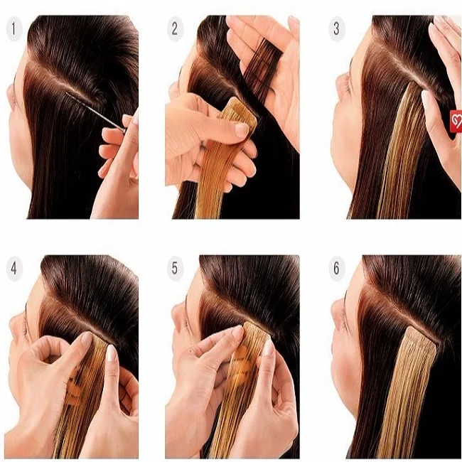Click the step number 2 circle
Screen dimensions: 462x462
(x=173, y=29)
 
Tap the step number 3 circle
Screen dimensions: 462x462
(x=337, y=29)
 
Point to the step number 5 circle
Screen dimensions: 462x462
(x=173, y=269)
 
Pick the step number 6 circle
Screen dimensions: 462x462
(x=337, y=269)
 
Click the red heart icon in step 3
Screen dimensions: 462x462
(x=455, y=121)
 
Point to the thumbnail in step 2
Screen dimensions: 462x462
(x=242, y=129)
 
